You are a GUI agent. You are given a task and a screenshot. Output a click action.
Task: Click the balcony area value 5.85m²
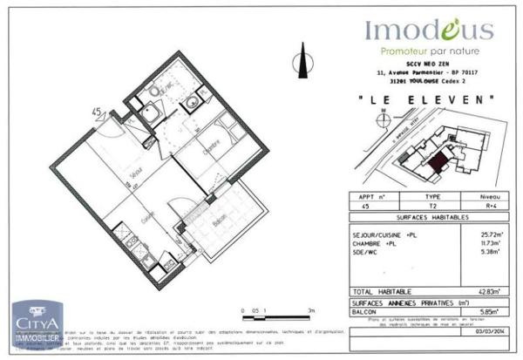coord(491,310)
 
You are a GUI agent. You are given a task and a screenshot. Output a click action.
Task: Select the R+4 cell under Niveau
coord(491,207)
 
